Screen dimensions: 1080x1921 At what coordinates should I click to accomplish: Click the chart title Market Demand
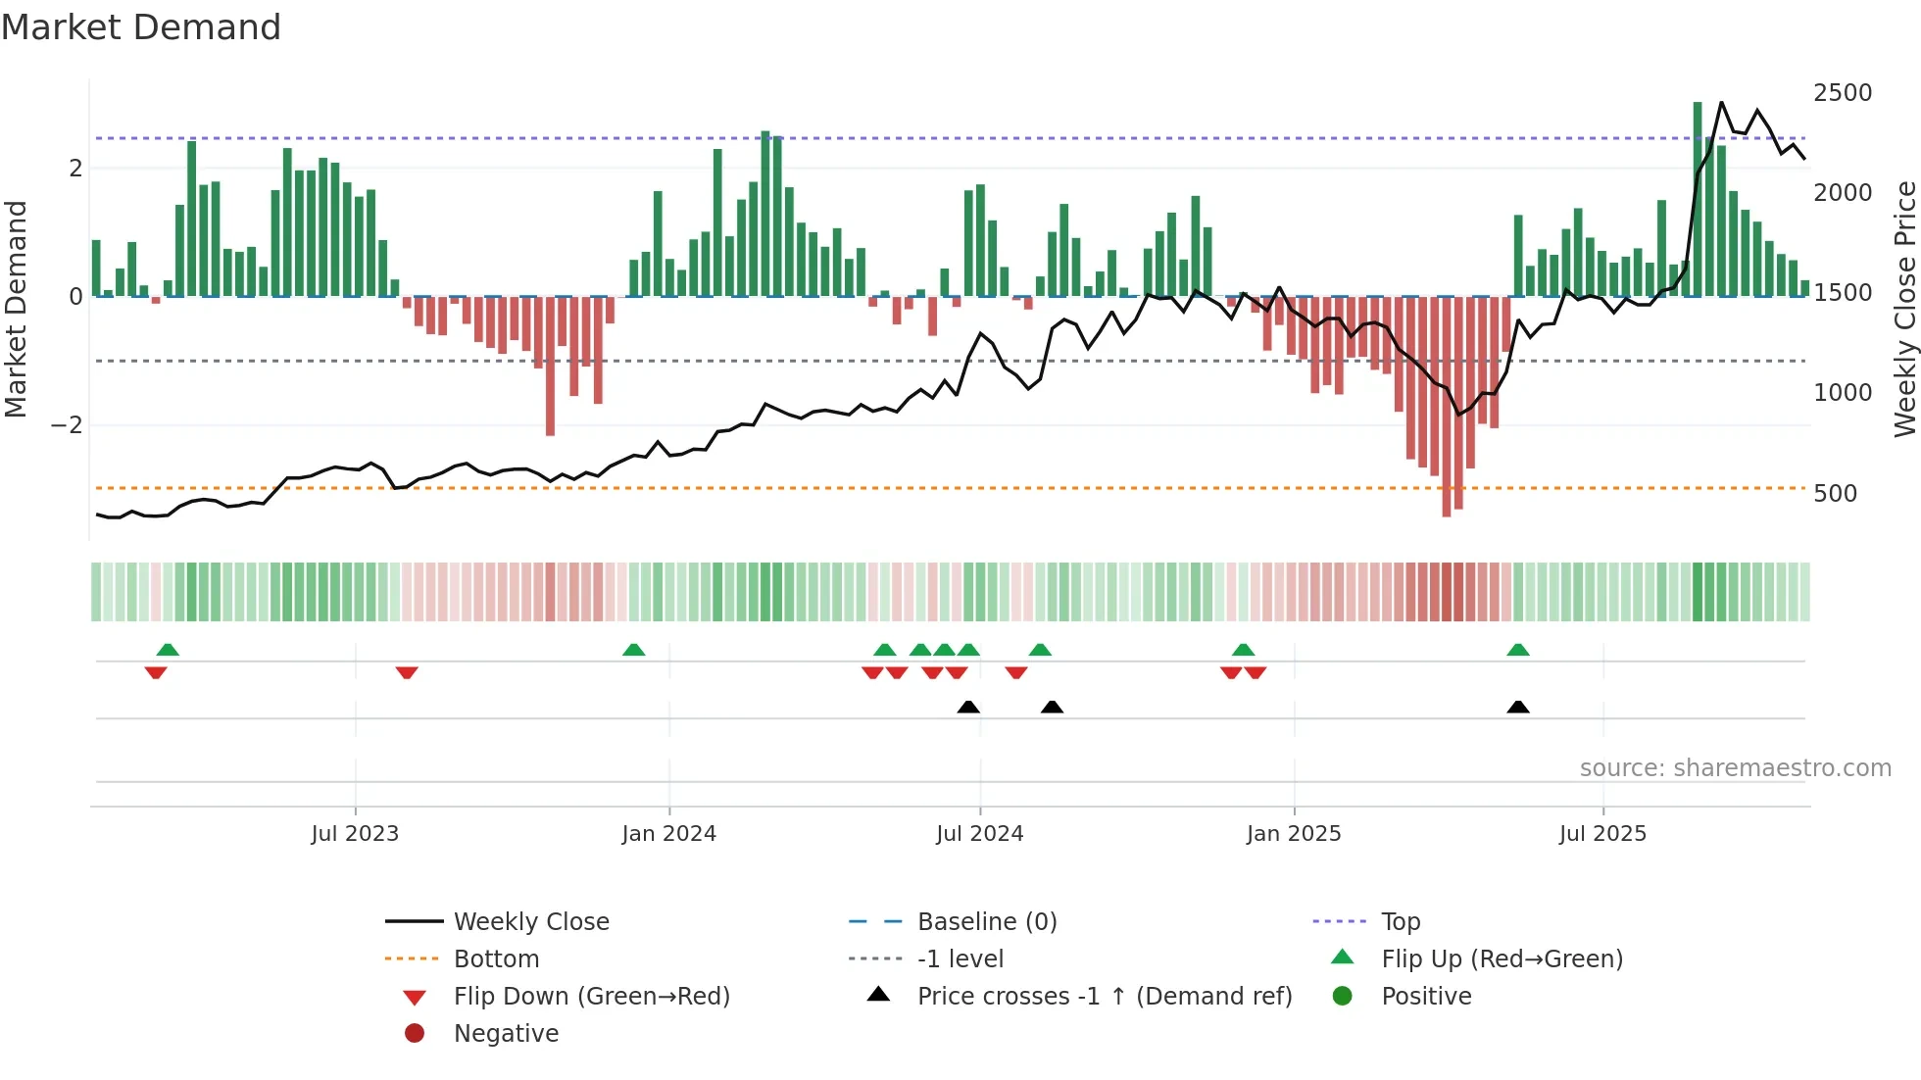[x=141, y=27]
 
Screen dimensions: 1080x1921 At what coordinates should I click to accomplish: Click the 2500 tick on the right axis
[x=1842, y=93]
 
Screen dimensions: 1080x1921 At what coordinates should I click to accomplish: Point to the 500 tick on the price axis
[x=1835, y=494]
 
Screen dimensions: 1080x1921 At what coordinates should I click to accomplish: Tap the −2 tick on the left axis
[x=67, y=425]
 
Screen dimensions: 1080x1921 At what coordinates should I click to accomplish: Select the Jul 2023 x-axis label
[x=355, y=834]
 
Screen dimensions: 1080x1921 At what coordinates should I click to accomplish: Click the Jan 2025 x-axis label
[x=1294, y=834]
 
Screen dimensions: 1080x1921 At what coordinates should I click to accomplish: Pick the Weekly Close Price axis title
[x=1904, y=310]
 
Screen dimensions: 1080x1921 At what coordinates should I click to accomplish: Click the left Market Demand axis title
[x=17, y=310]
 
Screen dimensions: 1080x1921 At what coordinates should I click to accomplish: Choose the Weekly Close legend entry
[x=530, y=922]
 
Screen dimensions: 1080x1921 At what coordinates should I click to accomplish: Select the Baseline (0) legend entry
[x=986, y=922]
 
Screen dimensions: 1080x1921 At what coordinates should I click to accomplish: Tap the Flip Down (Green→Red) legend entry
[x=591, y=997]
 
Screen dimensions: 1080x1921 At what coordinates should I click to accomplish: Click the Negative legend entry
[x=506, y=1034]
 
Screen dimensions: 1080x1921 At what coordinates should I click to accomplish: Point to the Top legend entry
[x=1400, y=922]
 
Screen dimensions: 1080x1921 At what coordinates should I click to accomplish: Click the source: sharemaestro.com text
[x=1735, y=768]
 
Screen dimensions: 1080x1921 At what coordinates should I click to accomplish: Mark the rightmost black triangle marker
[x=1518, y=708]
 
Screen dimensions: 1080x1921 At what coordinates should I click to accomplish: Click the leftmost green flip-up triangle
[x=168, y=650]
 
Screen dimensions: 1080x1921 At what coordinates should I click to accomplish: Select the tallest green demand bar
[x=1698, y=196]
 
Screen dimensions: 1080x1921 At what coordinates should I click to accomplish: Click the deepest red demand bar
[x=1447, y=407]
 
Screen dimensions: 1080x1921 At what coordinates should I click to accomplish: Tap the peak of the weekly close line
[x=1721, y=103]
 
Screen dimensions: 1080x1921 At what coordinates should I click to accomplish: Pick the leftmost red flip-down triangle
[x=156, y=672]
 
